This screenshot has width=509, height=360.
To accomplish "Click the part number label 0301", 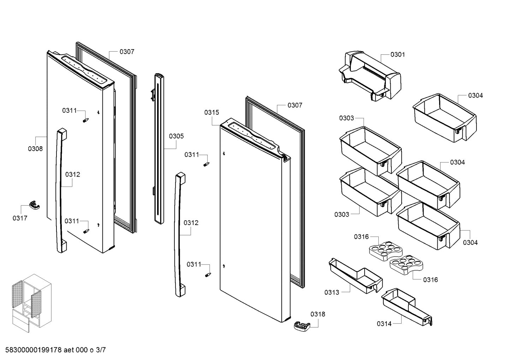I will [397, 54].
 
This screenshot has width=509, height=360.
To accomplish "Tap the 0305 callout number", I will [176, 136].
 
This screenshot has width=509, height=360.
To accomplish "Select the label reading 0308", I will [35, 149].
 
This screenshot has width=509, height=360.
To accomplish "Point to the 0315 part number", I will [211, 112].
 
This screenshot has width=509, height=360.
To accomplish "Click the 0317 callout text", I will [20, 218].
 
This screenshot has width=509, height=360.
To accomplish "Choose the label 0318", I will [318, 314].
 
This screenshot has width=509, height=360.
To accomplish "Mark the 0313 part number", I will [332, 292].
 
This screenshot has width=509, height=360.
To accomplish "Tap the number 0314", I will [384, 324].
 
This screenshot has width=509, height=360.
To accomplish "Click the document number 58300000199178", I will [34, 350].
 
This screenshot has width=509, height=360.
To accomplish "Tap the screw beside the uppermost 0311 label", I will [85, 120].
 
